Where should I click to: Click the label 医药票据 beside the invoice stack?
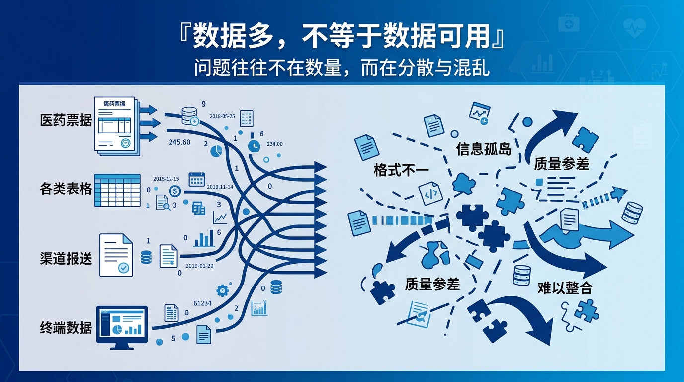click(x=66, y=120)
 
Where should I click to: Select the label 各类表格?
click(x=66, y=189)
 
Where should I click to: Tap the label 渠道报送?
click(x=66, y=258)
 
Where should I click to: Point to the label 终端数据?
click(x=66, y=328)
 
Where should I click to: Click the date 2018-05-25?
click(x=222, y=116)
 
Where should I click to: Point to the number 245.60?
click(x=179, y=142)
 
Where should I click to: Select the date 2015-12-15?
click(x=166, y=178)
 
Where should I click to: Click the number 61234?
click(x=202, y=303)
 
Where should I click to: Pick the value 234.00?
click(x=274, y=144)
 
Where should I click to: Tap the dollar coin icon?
click(x=174, y=191)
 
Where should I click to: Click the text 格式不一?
click(x=401, y=171)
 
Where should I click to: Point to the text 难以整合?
click(x=565, y=288)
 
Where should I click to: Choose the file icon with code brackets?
click(x=430, y=193)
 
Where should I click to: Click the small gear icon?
click(x=222, y=289)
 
